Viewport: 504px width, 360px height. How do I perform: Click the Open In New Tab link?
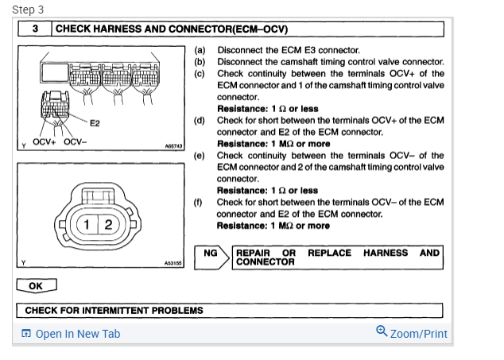[77, 334]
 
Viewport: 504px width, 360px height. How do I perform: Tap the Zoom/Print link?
[418, 334]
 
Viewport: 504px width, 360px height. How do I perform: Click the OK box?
[36, 286]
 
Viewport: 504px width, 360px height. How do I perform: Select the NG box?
[211, 254]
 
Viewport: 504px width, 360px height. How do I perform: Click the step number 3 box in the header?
[36, 29]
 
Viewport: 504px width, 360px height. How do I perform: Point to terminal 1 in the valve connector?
[88, 224]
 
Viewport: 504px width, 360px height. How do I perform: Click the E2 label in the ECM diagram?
[94, 123]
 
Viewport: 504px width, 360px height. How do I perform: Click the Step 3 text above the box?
[29, 10]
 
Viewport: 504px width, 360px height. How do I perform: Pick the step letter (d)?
[200, 120]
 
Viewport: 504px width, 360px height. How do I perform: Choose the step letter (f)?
[200, 203]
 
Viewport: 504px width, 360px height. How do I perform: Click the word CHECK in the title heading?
[74, 29]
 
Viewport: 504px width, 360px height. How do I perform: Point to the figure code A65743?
[173, 147]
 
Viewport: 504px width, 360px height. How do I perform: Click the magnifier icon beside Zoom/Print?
[382, 332]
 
